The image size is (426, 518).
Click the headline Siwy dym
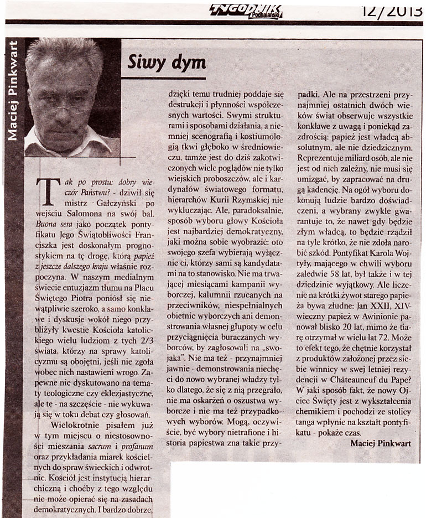click(159, 63)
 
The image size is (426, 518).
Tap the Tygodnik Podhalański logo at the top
click(245, 11)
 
